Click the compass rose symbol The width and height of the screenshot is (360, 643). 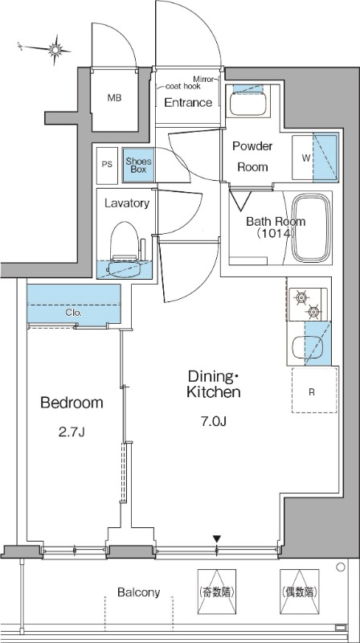point(55,50)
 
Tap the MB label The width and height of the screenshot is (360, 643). point(114,98)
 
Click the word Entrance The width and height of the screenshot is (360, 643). point(188,103)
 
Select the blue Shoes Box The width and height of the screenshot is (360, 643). point(138,165)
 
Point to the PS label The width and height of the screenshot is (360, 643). point(107,165)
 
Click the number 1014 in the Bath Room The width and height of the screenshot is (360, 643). point(276,233)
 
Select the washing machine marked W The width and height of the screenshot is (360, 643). point(315,158)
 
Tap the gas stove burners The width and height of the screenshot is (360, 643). point(308,305)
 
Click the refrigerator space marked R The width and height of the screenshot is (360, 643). point(314,390)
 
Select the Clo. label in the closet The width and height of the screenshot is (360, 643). point(74,313)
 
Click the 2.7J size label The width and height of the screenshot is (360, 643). point(72,432)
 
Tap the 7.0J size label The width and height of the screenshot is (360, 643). point(214,421)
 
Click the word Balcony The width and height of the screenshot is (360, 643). point(138,592)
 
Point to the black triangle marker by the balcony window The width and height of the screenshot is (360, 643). point(217,539)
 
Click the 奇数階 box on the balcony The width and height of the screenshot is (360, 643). point(217,592)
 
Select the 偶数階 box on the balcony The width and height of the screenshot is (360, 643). point(299,592)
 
